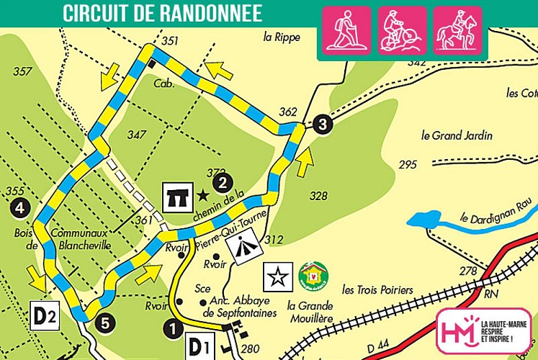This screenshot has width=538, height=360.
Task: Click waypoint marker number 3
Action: pyautogui.click(x=323, y=125)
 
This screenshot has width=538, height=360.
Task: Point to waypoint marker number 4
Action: pyautogui.click(x=20, y=209)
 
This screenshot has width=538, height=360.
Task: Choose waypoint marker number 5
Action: pyautogui.click(x=105, y=324)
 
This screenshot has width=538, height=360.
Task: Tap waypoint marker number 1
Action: pyautogui.click(x=173, y=329)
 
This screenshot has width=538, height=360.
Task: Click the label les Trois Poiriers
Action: pyautogui.click(x=377, y=290)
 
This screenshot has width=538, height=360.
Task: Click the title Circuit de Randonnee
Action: pyautogui.click(x=161, y=13)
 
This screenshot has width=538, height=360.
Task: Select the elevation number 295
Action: pyautogui.click(x=408, y=165)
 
